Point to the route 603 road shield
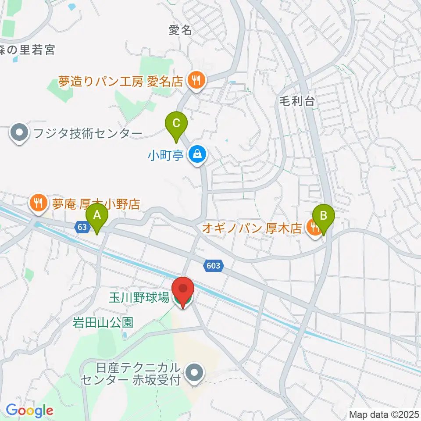pos(214,265)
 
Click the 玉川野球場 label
pos(139,299)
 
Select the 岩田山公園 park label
pos(103,323)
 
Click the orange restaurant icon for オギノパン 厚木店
pos(314,227)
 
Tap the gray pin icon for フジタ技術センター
pos(19,133)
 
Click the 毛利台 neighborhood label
pos(297,102)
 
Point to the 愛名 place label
pos(181,30)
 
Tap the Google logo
pos(29,410)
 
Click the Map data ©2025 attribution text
pos(384,414)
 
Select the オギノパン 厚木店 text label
pos(253,228)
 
